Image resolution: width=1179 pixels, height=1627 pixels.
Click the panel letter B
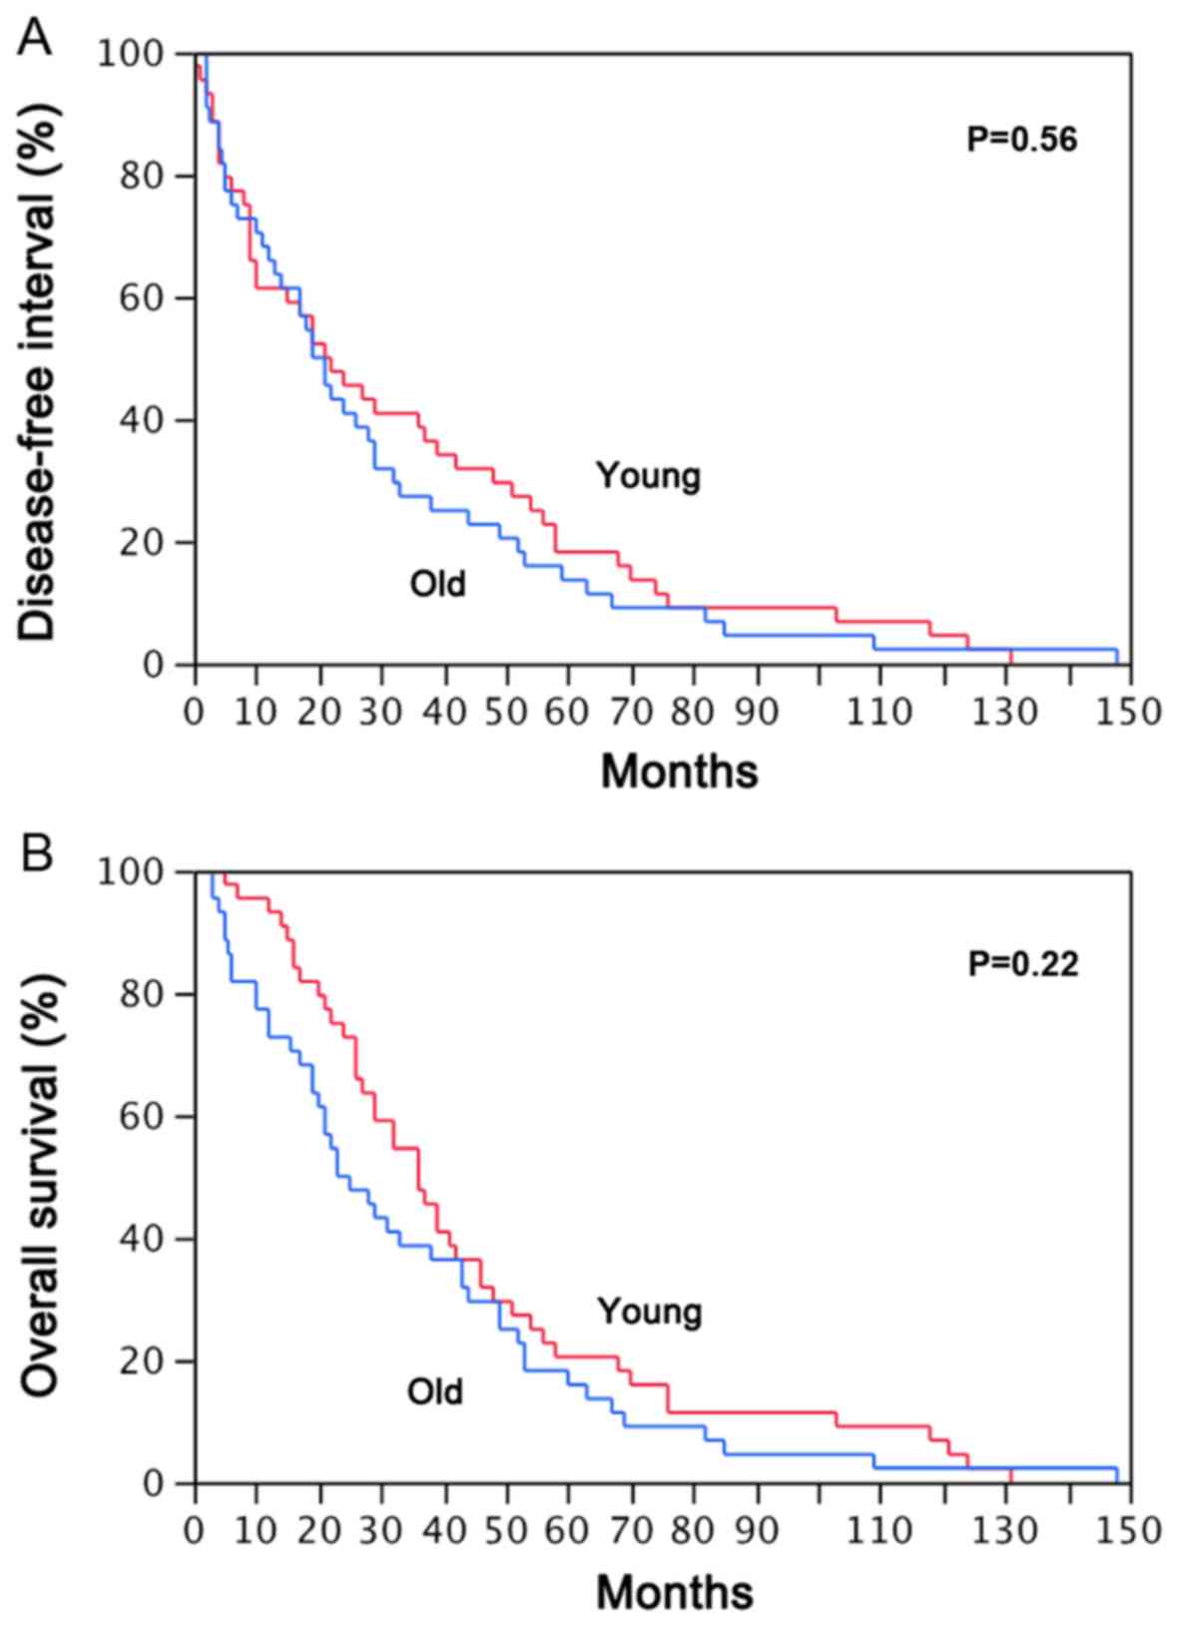click(36, 855)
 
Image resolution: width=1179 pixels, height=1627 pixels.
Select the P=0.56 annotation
click(1022, 140)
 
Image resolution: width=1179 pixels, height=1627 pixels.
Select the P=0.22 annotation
click(1023, 964)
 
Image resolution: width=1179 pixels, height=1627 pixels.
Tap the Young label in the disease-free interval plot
click(649, 476)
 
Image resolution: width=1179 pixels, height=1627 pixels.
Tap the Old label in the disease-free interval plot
click(437, 583)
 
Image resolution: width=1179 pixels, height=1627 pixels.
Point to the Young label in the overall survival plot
click(650, 1311)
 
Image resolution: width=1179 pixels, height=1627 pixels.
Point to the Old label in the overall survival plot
click(435, 1391)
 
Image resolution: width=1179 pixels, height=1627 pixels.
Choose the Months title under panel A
click(679, 772)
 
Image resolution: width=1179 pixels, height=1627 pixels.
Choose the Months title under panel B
click(675, 1591)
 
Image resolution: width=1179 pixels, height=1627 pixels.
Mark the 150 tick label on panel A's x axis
click(1131, 713)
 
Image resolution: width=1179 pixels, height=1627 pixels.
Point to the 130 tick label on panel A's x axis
click(1007, 713)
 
